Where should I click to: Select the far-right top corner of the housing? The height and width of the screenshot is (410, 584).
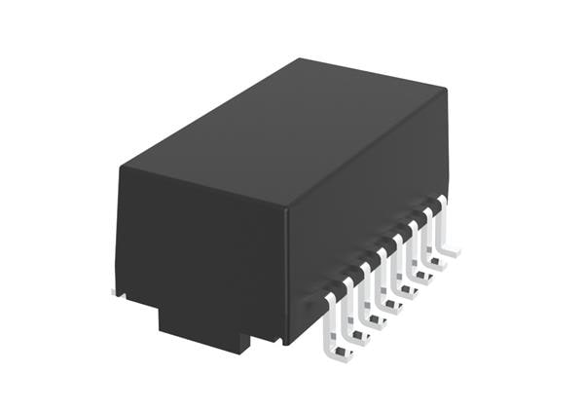click(x=447, y=93)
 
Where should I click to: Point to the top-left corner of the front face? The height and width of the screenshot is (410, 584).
click(x=121, y=167)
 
